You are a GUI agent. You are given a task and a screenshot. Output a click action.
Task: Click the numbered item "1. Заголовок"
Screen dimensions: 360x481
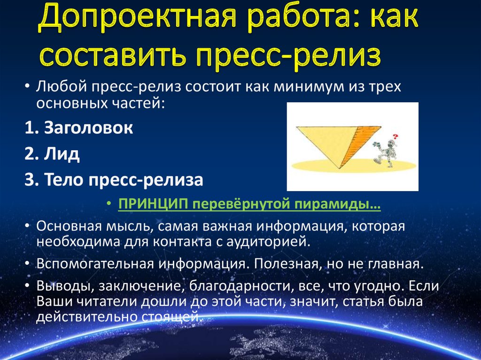(x=79, y=128)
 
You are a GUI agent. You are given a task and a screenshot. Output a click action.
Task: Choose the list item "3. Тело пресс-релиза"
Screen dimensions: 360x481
(x=114, y=180)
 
